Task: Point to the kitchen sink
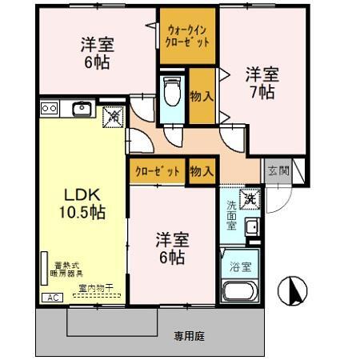81,108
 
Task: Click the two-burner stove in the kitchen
49,108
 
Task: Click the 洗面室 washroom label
230,215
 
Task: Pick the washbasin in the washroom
252,227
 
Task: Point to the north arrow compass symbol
294,291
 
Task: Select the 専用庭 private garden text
190,337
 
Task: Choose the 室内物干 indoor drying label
94,287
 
